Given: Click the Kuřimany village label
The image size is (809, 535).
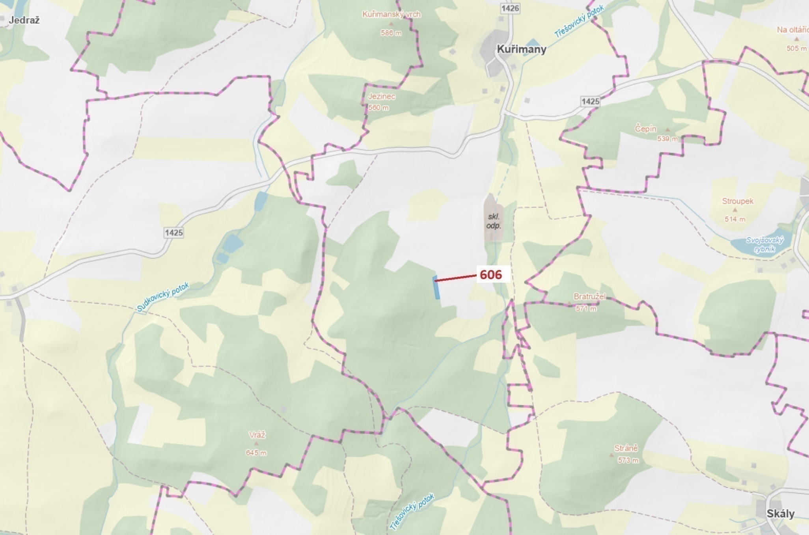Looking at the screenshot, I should click(x=521, y=49).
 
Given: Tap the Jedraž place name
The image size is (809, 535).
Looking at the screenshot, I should click(x=24, y=20).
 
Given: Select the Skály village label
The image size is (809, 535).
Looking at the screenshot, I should click(x=780, y=513).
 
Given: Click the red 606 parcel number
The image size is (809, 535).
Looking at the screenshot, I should click(x=491, y=274).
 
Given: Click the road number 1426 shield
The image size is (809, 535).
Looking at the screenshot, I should click(x=510, y=8).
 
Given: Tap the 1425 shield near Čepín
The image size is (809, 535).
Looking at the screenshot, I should click(x=590, y=102).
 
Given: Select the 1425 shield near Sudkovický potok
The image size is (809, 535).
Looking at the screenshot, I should click(x=174, y=233).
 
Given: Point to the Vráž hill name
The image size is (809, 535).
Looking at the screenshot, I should click(x=257, y=435).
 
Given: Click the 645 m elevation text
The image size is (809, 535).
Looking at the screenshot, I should click(x=256, y=453).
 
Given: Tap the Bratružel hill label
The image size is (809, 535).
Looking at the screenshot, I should click(x=589, y=296).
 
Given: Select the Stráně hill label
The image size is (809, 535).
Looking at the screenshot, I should click(x=626, y=448).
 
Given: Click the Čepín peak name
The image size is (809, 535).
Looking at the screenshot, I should click(x=645, y=129).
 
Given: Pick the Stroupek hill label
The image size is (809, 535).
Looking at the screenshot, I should click(x=737, y=201).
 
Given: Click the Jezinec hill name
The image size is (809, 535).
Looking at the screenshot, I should click(x=381, y=96).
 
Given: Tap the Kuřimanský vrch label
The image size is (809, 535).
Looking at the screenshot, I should click(x=391, y=15).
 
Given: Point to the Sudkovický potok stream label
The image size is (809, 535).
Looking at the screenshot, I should click(x=163, y=297).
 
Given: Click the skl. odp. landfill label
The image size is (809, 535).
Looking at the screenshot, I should click(x=494, y=221).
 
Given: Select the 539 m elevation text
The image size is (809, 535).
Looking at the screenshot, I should click(x=667, y=139).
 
